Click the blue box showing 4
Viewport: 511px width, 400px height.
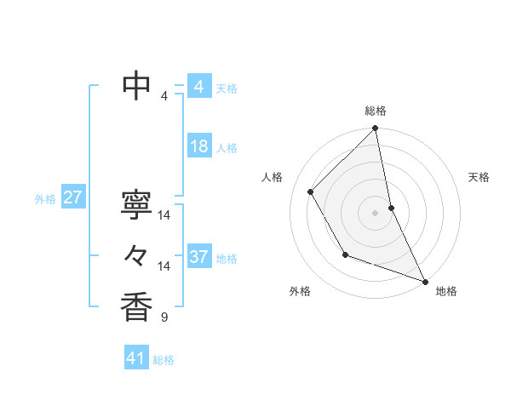click(198, 86)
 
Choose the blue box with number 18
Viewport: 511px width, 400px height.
click(198, 146)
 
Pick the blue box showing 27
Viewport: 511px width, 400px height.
click(72, 197)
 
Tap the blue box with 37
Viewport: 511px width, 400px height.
click(198, 257)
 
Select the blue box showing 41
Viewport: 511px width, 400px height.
click(136, 358)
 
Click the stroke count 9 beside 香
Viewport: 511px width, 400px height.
click(164, 318)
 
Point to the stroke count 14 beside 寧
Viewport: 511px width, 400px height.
click(164, 215)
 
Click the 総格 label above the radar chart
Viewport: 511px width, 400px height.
click(376, 111)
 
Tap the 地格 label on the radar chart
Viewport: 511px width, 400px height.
click(446, 291)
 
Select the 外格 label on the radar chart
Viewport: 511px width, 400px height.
click(300, 291)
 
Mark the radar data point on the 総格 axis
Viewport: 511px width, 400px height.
click(376, 129)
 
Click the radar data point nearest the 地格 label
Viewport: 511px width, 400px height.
click(425, 282)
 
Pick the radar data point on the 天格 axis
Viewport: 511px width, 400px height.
click(391, 207)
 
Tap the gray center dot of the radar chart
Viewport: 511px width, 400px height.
click(376, 212)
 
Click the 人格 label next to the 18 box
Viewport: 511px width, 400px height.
click(227, 148)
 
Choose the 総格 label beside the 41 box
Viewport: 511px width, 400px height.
click(164, 360)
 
